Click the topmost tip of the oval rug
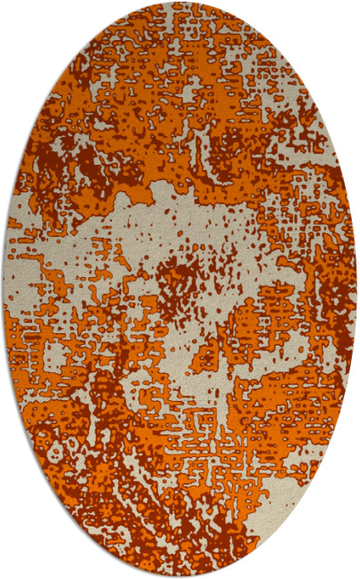click(x=180, y=3)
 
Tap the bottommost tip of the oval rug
click(x=180, y=576)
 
